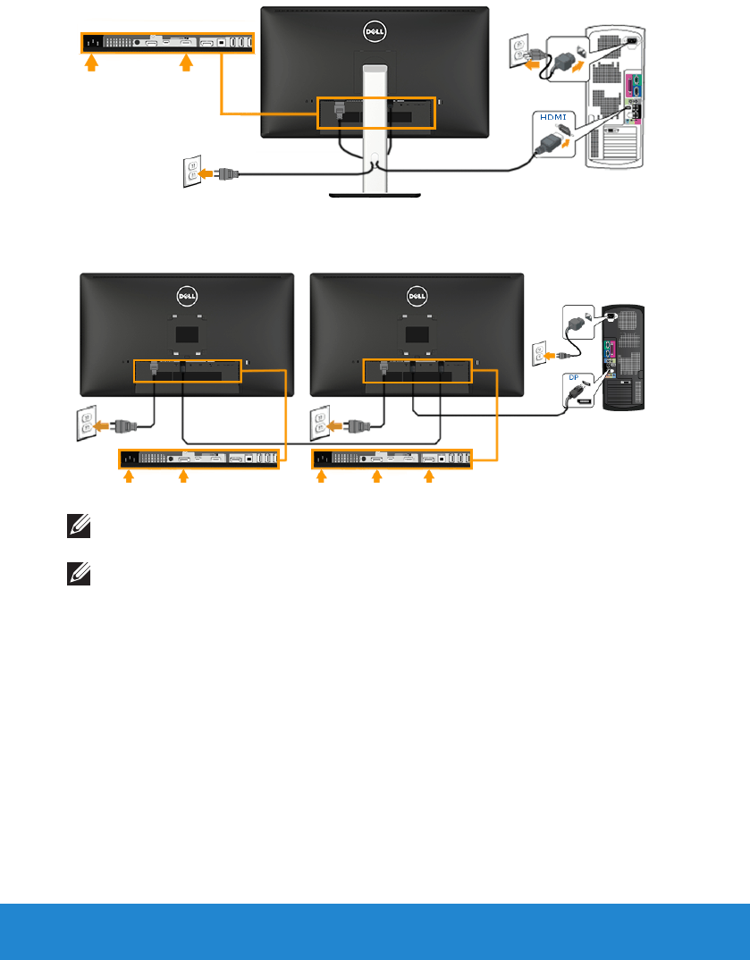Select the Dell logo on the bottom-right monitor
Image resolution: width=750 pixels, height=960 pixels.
tap(416, 293)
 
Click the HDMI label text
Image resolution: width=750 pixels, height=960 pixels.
tap(552, 117)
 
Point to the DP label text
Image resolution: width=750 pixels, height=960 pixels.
tap(573, 376)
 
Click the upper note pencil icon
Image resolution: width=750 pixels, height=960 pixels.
tap(75, 529)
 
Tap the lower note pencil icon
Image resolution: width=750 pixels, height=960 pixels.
tap(75, 577)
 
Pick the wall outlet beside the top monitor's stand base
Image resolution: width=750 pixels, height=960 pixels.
tap(191, 173)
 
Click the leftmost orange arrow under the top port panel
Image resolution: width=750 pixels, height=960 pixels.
tap(89, 64)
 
